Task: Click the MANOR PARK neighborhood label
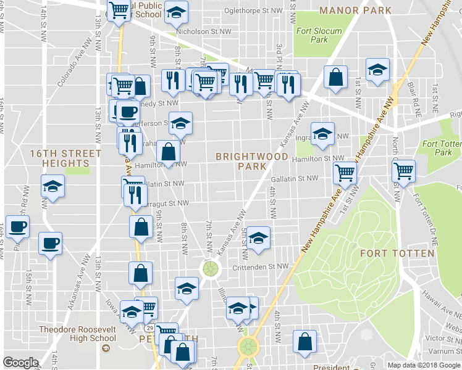tap(355, 10)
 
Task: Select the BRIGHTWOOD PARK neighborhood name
tap(251, 162)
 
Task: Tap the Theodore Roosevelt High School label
tap(77, 334)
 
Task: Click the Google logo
tap(21, 363)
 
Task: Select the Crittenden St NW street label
tap(261, 267)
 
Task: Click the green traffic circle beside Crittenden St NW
tap(211, 269)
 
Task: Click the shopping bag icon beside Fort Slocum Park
tap(335, 78)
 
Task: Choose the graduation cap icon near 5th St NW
tap(259, 237)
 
